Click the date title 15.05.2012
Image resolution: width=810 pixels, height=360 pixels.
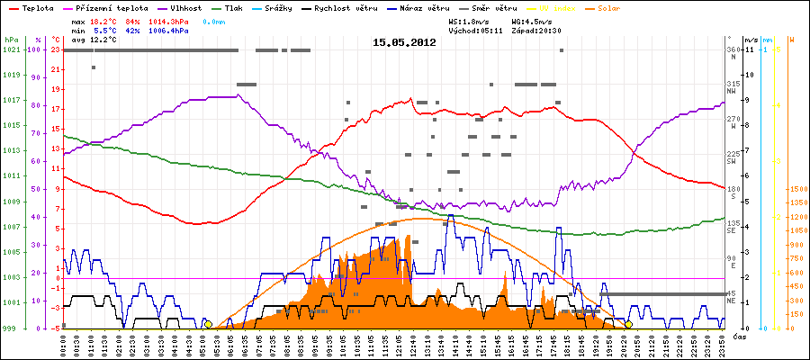[404, 41]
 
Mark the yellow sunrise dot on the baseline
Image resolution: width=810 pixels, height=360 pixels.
[208, 324]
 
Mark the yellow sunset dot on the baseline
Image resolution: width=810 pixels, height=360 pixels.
[628, 324]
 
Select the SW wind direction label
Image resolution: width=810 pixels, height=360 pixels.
[732, 159]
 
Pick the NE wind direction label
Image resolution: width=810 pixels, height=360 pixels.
[732, 300]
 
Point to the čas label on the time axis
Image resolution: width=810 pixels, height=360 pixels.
[739, 336]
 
